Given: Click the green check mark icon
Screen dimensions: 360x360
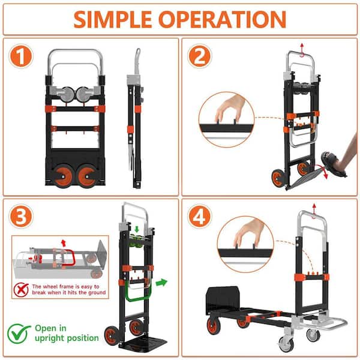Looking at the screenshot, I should click(19, 332).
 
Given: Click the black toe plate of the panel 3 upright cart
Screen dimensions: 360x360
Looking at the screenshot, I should click(136, 347).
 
